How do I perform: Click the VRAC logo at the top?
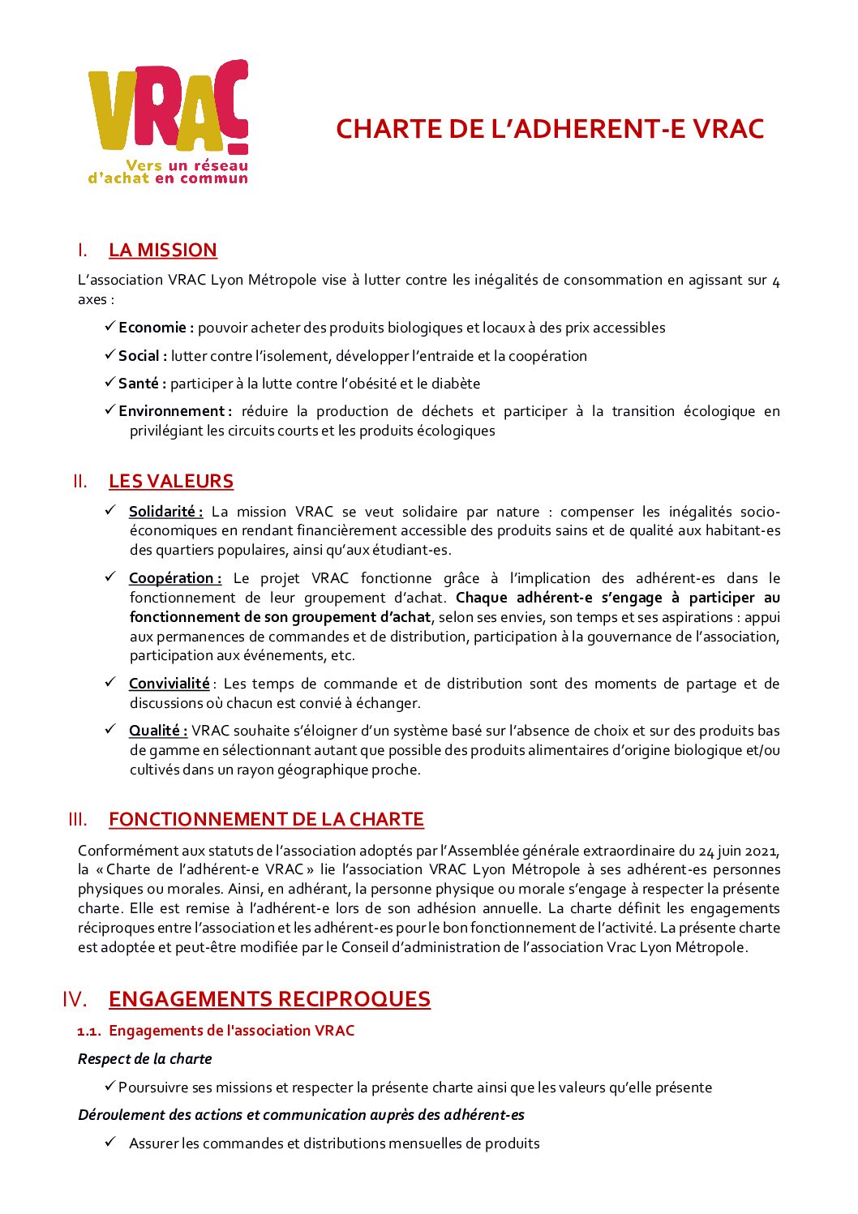pyautogui.click(x=168, y=122)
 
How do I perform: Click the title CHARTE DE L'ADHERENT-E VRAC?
pyautogui.click(x=550, y=129)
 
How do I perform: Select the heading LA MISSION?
pyautogui.click(x=163, y=250)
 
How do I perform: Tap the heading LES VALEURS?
pyautogui.click(x=171, y=481)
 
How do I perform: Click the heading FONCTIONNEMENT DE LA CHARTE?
pyautogui.click(x=266, y=819)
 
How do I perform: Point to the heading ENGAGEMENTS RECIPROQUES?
pyautogui.click(x=269, y=998)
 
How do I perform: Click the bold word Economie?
pyautogui.click(x=154, y=328)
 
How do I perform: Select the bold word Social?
pyautogui.click(x=141, y=356)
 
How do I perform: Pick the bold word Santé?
pyautogui.click(x=140, y=384)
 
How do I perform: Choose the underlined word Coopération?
pyautogui.click(x=173, y=578)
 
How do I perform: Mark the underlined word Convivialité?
pyautogui.click(x=169, y=684)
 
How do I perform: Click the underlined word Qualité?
pyautogui.click(x=157, y=731)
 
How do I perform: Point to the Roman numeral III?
pyautogui.click(x=78, y=820)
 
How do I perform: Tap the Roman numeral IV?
pyautogui.click(x=75, y=999)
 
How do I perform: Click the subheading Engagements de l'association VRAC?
pyautogui.click(x=231, y=1031)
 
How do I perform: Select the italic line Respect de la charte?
pyautogui.click(x=144, y=1059)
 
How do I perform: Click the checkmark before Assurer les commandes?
pyautogui.click(x=110, y=1143)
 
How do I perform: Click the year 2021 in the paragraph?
pyautogui.click(x=761, y=851)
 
